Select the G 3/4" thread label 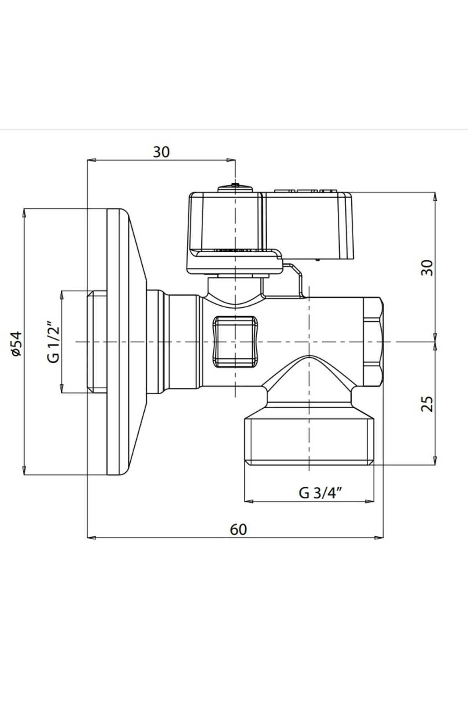pos(321,493)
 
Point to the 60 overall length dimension pos(238,530)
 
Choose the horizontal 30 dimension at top pos(161,152)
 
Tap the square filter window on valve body pos(236,342)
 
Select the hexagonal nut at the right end pos(372,342)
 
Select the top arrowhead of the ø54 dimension pos(24,213)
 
